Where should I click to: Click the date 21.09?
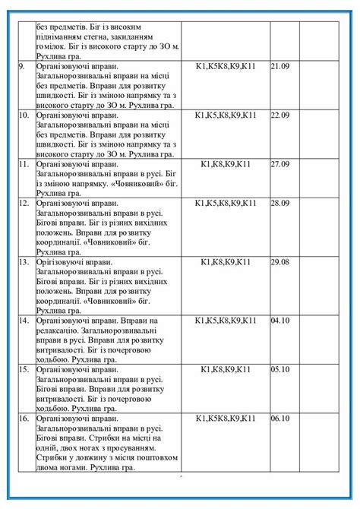tap(280, 67)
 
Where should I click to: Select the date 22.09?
tap(280, 115)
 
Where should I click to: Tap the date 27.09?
tap(280, 164)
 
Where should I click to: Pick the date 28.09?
tap(280, 204)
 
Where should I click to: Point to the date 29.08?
tap(280, 262)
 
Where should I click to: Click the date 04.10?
tap(280, 321)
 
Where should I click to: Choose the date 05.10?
tap(280, 369)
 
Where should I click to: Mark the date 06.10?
tap(280, 418)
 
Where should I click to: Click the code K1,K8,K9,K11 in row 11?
tap(226, 164)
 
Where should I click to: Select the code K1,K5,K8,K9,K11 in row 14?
tap(226, 321)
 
